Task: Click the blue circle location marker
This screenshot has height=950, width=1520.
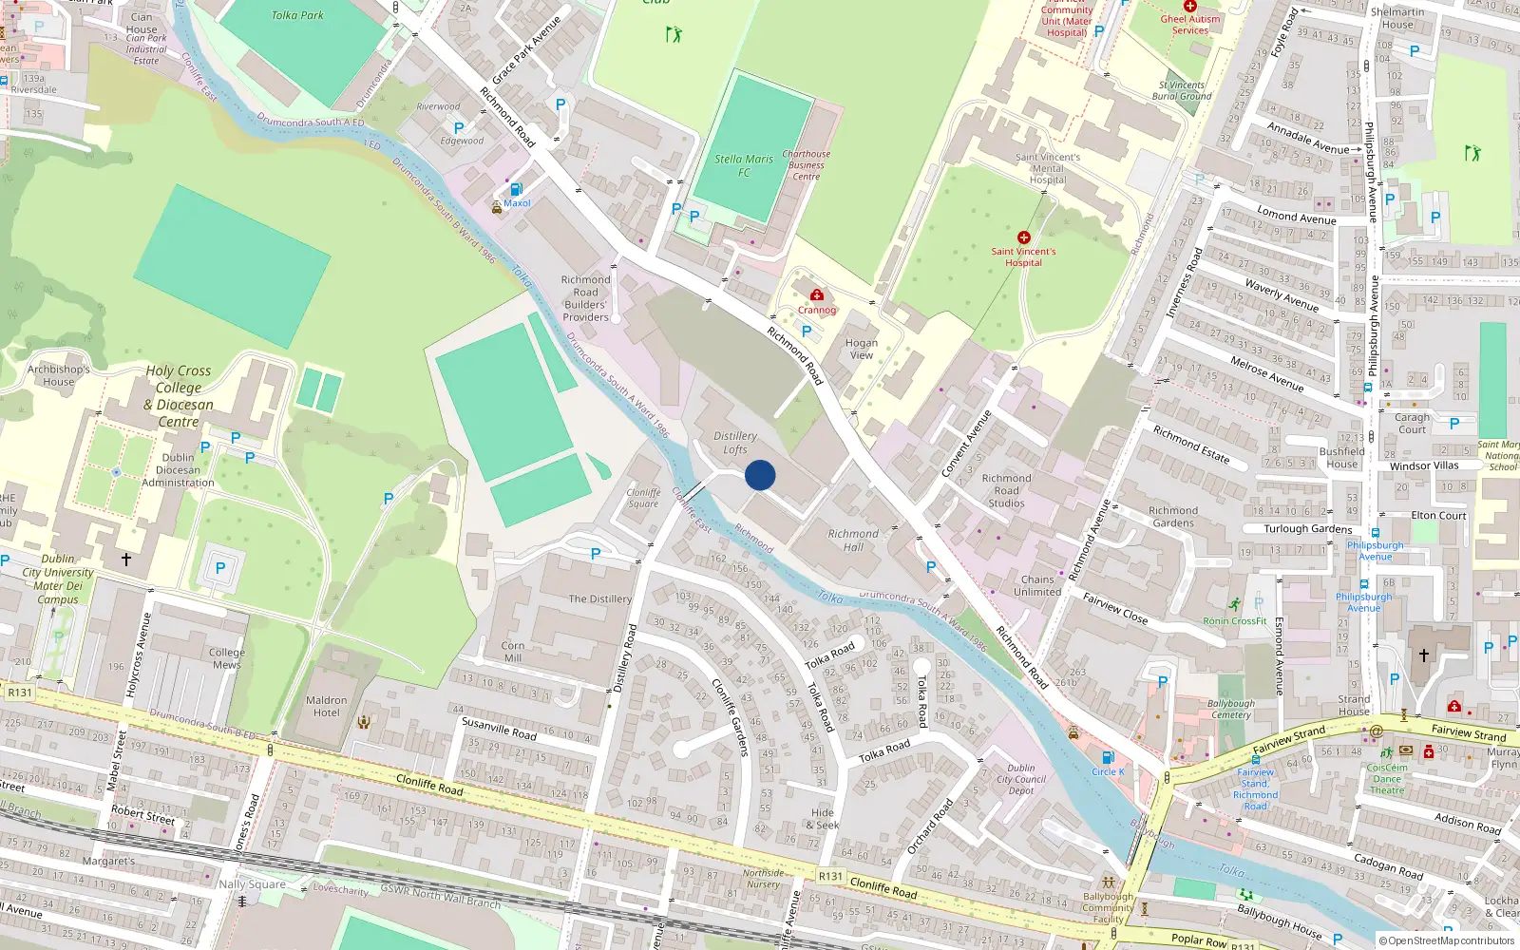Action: click(x=760, y=475)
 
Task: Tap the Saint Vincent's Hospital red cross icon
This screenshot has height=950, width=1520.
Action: click(x=1023, y=237)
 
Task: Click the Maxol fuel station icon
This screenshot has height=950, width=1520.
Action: click(x=516, y=189)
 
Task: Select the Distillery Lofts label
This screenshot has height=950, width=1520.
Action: click(x=735, y=443)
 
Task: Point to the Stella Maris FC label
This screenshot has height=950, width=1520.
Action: click(x=744, y=165)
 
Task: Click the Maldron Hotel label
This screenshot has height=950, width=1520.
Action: click(x=326, y=706)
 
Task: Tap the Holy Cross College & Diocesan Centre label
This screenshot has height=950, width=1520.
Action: click(x=179, y=396)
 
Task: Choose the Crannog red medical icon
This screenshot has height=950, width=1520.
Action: click(x=816, y=295)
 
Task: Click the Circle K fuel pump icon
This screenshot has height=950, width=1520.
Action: click(x=1107, y=758)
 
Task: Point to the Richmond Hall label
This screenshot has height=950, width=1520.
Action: click(x=853, y=540)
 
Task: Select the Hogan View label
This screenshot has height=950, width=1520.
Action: click(x=862, y=349)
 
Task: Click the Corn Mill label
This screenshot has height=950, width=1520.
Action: click(x=512, y=651)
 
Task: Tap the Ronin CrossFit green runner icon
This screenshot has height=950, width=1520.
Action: click(x=1234, y=605)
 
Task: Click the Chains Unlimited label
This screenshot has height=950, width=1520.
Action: click(x=1037, y=585)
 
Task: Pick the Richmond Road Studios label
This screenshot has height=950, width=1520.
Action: click(x=1006, y=490)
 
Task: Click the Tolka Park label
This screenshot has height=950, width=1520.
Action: click(x=297, y=15)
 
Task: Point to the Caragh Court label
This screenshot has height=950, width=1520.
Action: click(x=1412, y=423)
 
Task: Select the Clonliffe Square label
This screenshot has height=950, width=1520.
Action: click(x=643, y=498)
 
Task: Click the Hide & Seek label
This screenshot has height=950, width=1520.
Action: click(x=824, y=819)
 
